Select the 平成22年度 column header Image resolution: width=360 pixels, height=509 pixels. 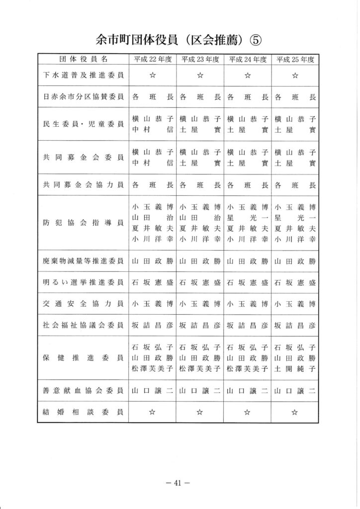point(152,59)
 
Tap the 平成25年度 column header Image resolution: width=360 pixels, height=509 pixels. point(295,59)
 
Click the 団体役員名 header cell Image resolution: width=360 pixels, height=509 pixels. point(83,59)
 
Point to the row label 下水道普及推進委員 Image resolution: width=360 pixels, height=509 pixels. point(83,76)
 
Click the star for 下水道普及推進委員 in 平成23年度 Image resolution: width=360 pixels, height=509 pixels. point(200,76)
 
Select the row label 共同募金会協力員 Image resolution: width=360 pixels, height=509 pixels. point(83,185)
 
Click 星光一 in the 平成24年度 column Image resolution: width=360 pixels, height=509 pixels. point(248,218)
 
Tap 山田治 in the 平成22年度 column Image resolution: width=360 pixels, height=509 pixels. point(152,218)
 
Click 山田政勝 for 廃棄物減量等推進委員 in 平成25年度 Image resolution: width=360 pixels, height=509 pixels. point(295,260)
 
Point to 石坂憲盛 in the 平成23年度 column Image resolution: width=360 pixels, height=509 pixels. point(200,283)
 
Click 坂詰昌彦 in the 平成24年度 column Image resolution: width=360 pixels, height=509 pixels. point(248,326)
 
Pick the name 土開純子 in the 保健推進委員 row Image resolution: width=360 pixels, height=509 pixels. point(295,368)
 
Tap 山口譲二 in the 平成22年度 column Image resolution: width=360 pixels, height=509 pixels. point(152,391)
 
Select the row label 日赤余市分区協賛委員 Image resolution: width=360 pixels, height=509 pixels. point(83,98)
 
